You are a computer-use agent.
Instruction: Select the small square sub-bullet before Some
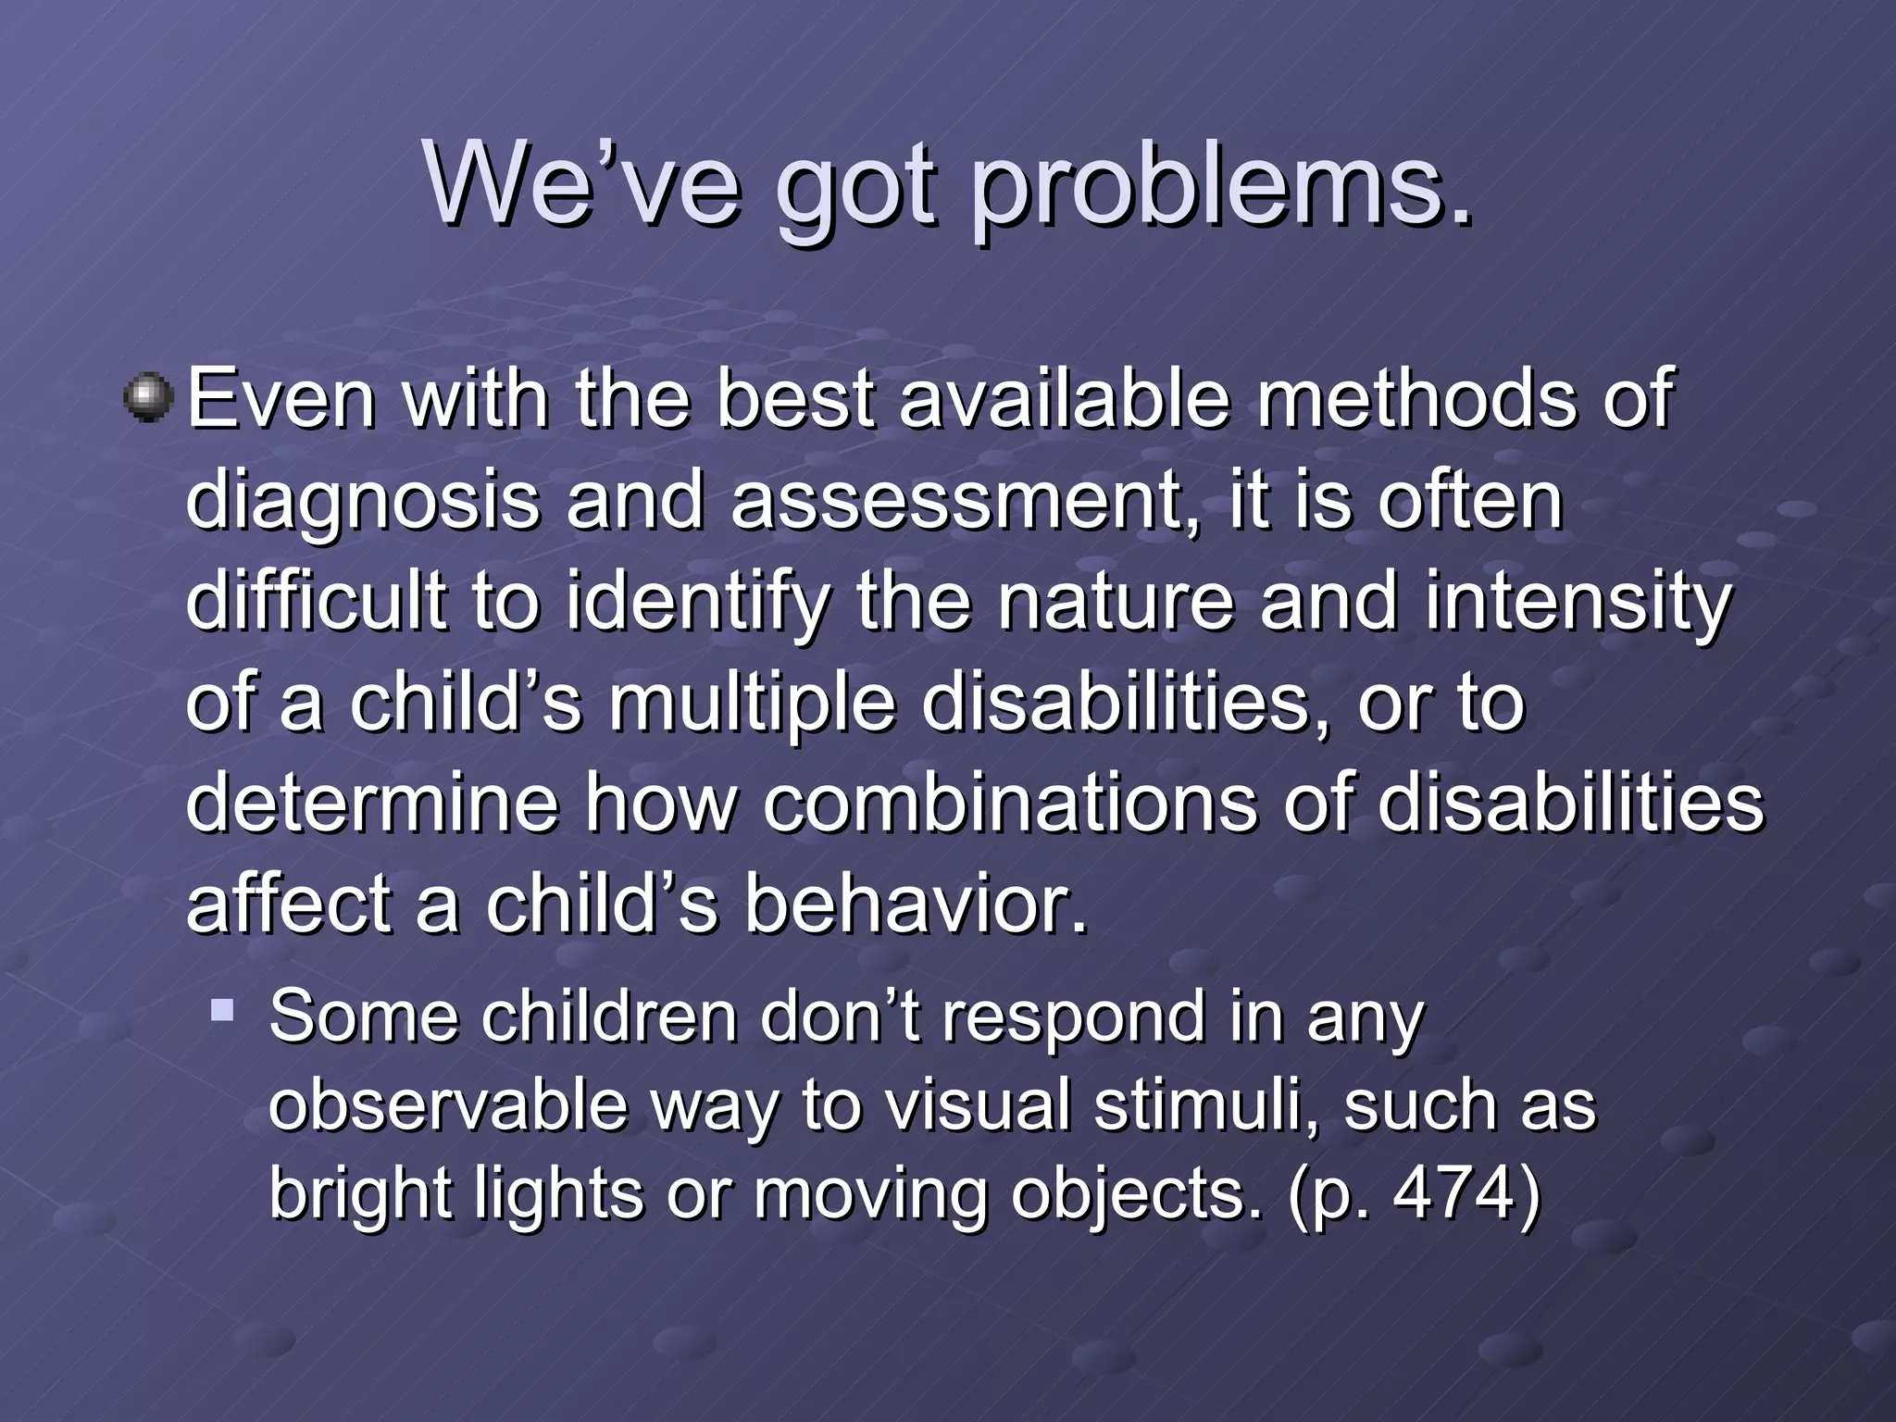221,1008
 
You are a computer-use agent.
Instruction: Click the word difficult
316,601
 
